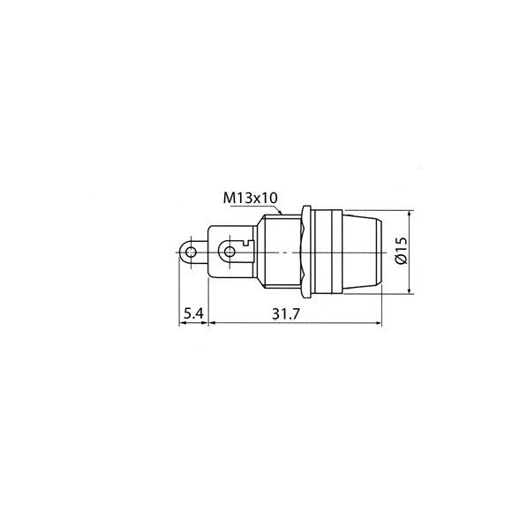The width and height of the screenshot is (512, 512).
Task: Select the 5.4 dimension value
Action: pyautogui.click(x=193, y=313)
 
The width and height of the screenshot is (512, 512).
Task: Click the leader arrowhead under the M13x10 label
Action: pyautogui.click(x=280, y=212)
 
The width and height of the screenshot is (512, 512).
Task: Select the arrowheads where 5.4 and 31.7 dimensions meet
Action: pyautogui.click(x=209, y=322)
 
